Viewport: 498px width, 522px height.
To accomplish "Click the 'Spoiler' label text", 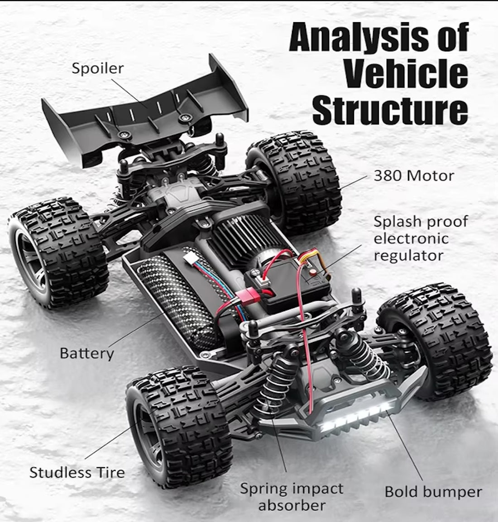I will [97, 68].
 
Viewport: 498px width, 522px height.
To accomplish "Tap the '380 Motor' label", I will [413, 175].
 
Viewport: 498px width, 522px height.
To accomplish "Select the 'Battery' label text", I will [87, 353].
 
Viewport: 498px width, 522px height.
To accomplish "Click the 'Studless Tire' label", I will [77, 472].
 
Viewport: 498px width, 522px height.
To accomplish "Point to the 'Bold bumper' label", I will [433, 491].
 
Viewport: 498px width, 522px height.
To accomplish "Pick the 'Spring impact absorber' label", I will [292, 496].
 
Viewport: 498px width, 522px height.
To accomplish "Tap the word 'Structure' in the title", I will [390, 109].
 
